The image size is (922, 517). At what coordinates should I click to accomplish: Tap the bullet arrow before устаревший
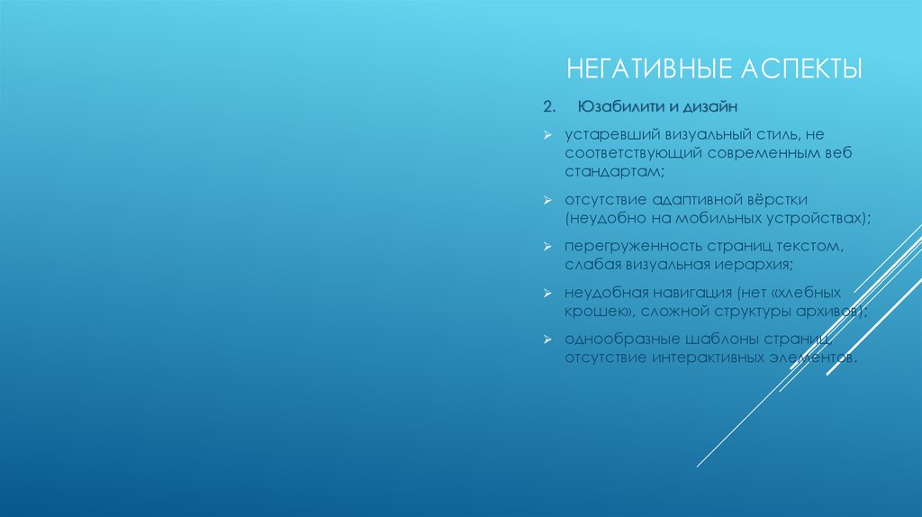click(547, 134)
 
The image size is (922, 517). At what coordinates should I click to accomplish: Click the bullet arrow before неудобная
click(547, 294)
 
